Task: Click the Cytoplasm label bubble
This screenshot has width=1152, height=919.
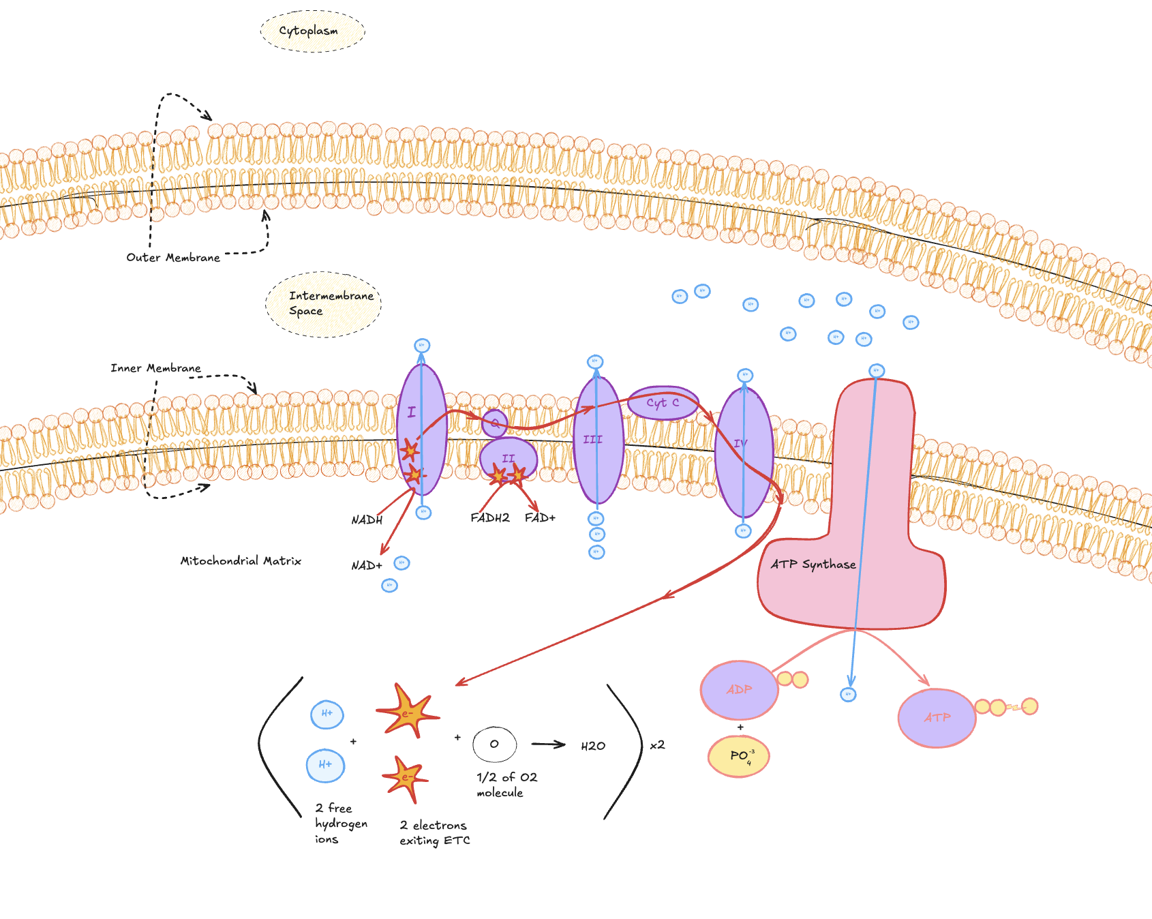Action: click(x=312, y=31)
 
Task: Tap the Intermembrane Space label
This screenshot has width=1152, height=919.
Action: click(x=324, y=303)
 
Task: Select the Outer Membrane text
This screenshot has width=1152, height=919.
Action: click(x=173, y=258)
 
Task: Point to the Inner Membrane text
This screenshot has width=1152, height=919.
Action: click(x=155, y=368)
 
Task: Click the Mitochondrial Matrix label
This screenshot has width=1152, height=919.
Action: click(x=241, y=561)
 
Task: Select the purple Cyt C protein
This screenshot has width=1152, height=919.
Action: click(x=663, y=403)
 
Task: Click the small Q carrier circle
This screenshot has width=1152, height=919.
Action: click(x=495, y=423)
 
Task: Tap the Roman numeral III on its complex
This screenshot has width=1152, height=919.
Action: click(x=592, y=440)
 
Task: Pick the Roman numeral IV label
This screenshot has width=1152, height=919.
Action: click(x=740, y=443)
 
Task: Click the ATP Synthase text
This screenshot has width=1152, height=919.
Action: click(x=813, y=564)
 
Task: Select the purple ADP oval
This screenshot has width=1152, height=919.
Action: click(x=739, y=690)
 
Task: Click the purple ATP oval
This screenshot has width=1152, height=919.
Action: click(x=937, y=718)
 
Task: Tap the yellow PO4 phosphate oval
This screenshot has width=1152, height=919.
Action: click(x=739, y=756)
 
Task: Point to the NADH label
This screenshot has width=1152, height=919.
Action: click(x=367, y=520)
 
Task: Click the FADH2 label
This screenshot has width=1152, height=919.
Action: click(x=489, y=518)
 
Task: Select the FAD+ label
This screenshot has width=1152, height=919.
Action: click(x=540, y=518)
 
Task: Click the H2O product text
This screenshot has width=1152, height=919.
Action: click(x=593, y=746)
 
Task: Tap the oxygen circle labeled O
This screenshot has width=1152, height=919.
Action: click(x=494, y=744)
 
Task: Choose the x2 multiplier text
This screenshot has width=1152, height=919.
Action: click(x=657, y=745)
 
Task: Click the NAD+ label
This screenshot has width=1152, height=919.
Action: click(x=367, y=566)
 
